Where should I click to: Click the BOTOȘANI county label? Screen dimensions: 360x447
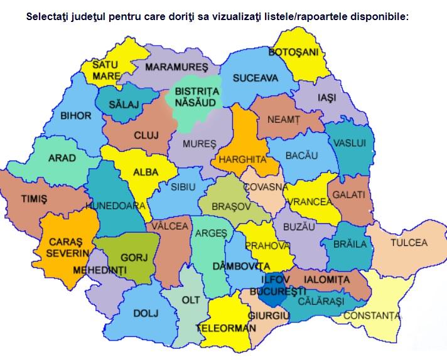pos(294,51)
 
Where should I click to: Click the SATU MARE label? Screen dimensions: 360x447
pos(106,70)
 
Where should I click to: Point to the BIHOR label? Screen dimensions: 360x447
pos(75,115)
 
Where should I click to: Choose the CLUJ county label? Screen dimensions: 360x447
pos(146,135)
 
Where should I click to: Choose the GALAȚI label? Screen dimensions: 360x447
pos(349,195)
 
